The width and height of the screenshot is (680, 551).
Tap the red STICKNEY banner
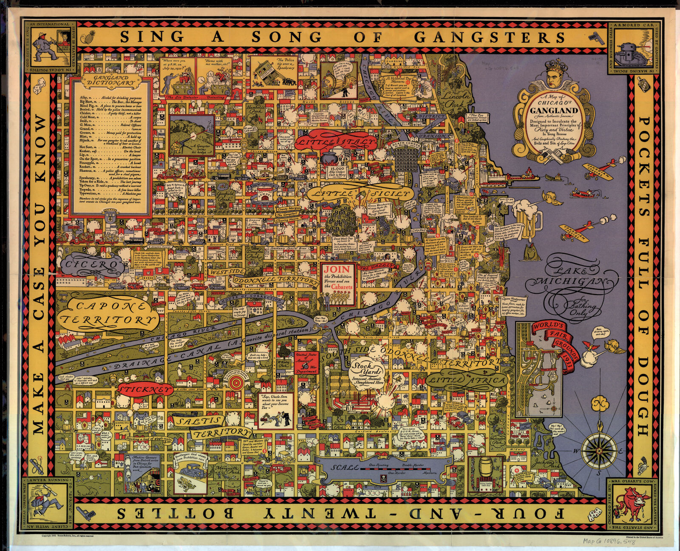144,389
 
